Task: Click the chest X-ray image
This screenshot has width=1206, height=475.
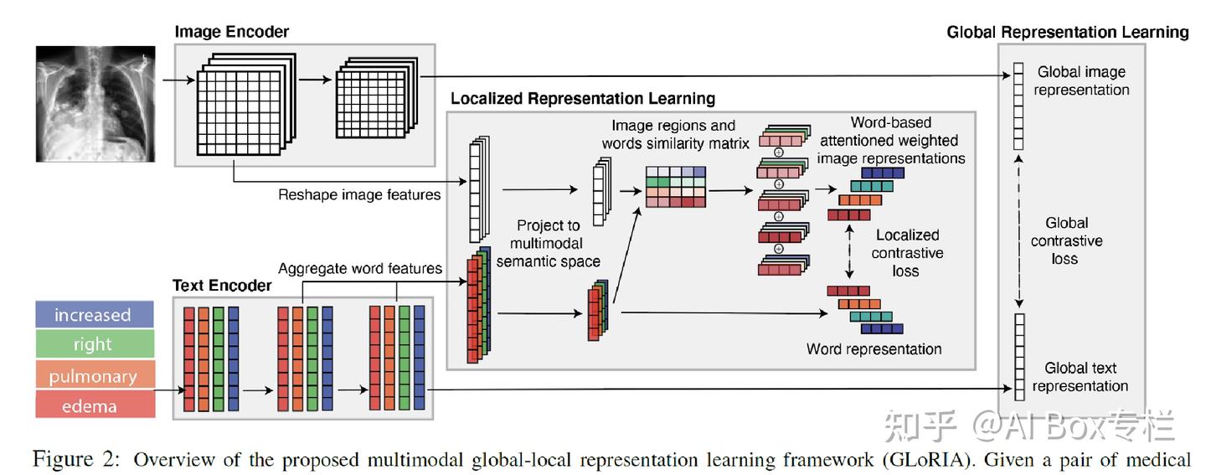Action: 95,104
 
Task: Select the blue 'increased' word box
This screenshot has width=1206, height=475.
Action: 95,314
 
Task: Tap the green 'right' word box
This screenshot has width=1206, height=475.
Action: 95,343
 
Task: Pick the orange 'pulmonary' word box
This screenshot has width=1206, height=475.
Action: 95,374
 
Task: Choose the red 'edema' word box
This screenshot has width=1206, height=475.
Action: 95,404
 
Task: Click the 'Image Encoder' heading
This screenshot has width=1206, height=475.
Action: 231,32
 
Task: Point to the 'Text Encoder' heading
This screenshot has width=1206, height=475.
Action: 222,286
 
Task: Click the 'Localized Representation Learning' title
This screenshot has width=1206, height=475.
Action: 583,99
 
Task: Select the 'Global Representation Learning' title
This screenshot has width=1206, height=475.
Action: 1068,33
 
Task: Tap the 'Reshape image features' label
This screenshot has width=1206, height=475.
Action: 359,194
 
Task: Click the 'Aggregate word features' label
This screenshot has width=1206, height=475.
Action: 359,268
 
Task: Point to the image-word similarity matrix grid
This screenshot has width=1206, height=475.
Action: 676,187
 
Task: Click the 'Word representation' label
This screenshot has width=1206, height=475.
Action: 874,349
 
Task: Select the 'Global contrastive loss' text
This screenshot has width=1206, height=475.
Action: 1066,240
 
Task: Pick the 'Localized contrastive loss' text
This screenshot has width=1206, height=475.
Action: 907,253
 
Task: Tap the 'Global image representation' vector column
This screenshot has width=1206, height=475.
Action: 1018,106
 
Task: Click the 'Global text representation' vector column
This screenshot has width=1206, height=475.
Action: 1019,357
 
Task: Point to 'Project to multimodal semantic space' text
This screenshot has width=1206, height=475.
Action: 548,244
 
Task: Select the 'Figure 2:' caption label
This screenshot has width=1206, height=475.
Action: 76,459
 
